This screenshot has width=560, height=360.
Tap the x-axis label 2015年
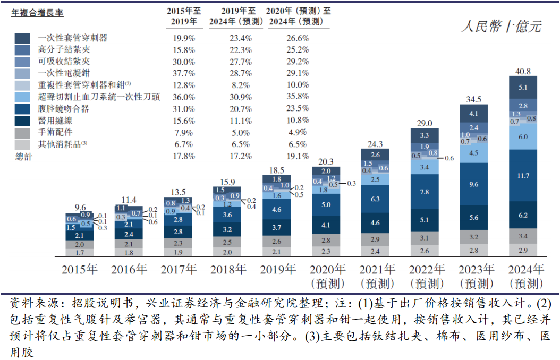coord(80,270)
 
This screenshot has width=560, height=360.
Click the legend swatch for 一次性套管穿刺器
coord(22,38)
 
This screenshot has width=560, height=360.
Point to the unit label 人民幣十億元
coord(501,27)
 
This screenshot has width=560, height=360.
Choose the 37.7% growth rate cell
coord(184,73)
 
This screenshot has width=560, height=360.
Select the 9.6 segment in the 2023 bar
coord(474,184)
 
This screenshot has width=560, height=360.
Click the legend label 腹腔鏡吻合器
coord(63,108)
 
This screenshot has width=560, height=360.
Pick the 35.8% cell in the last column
coord(298,96)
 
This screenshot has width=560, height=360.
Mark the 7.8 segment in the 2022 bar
coord(425,192)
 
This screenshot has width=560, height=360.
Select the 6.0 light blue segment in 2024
coord(523,136)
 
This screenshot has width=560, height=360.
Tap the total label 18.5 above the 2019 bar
coord(277,170)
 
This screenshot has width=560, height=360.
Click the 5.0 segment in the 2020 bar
coord(326,204)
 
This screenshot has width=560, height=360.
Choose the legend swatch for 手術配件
coord(22,132)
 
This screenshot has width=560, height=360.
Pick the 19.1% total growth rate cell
coord(298,156)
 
